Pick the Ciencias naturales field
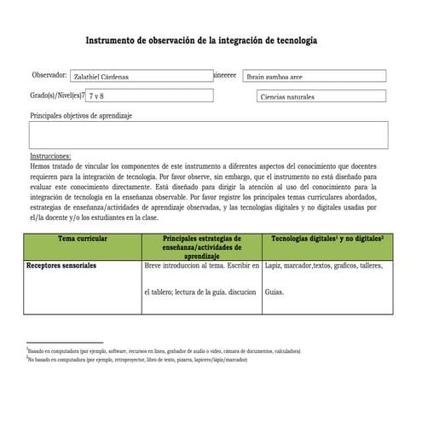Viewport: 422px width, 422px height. [321, 97]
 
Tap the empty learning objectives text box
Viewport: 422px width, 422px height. [208, 135]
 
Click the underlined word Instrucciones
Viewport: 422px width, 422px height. [50, 157]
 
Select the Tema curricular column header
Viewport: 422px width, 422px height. [83, 240]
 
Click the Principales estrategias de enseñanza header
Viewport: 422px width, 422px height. [201, 246]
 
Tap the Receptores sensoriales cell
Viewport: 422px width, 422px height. [61, 266]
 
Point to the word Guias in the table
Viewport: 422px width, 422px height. [275, 292]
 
